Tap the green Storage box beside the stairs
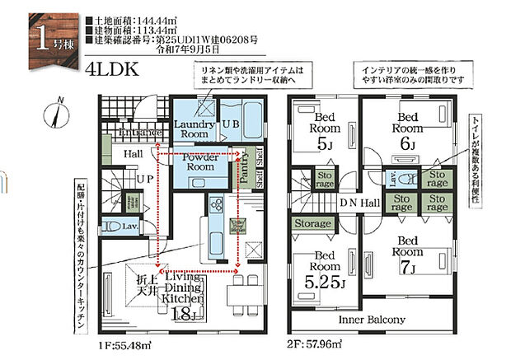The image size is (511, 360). (x=312, y=224)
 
